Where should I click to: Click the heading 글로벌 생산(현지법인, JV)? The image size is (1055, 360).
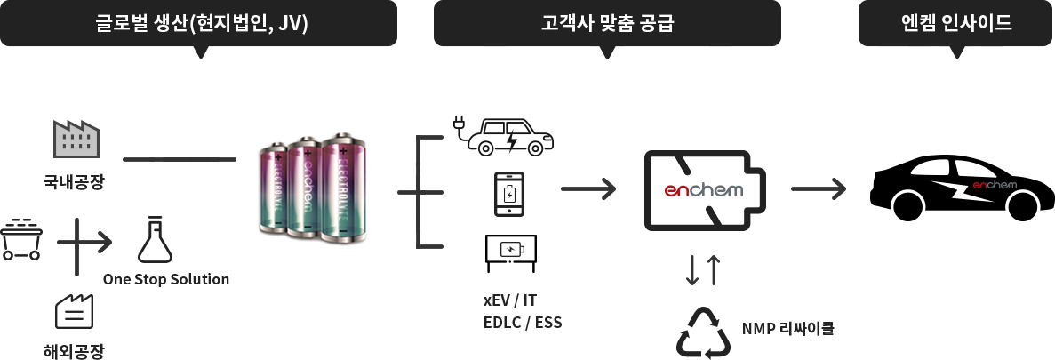[202, 24]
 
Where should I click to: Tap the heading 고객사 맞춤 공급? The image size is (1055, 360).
[607, 24]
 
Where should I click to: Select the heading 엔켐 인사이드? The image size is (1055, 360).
[956, 23]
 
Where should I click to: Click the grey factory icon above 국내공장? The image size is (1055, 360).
[76, 139]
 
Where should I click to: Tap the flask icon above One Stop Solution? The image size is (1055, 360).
[155, 239]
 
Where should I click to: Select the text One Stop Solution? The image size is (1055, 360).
[166, 279]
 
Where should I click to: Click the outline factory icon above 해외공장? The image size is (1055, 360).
[74, 311]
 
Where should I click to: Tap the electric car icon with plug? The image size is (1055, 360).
[504, 137]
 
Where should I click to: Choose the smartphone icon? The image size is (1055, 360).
[509, 194]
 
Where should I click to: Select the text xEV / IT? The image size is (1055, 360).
[511, 300]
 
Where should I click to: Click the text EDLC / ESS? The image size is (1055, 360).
[523, 323]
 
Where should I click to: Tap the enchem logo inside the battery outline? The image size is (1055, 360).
[704, 190]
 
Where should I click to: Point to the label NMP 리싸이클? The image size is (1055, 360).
[787, 329]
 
